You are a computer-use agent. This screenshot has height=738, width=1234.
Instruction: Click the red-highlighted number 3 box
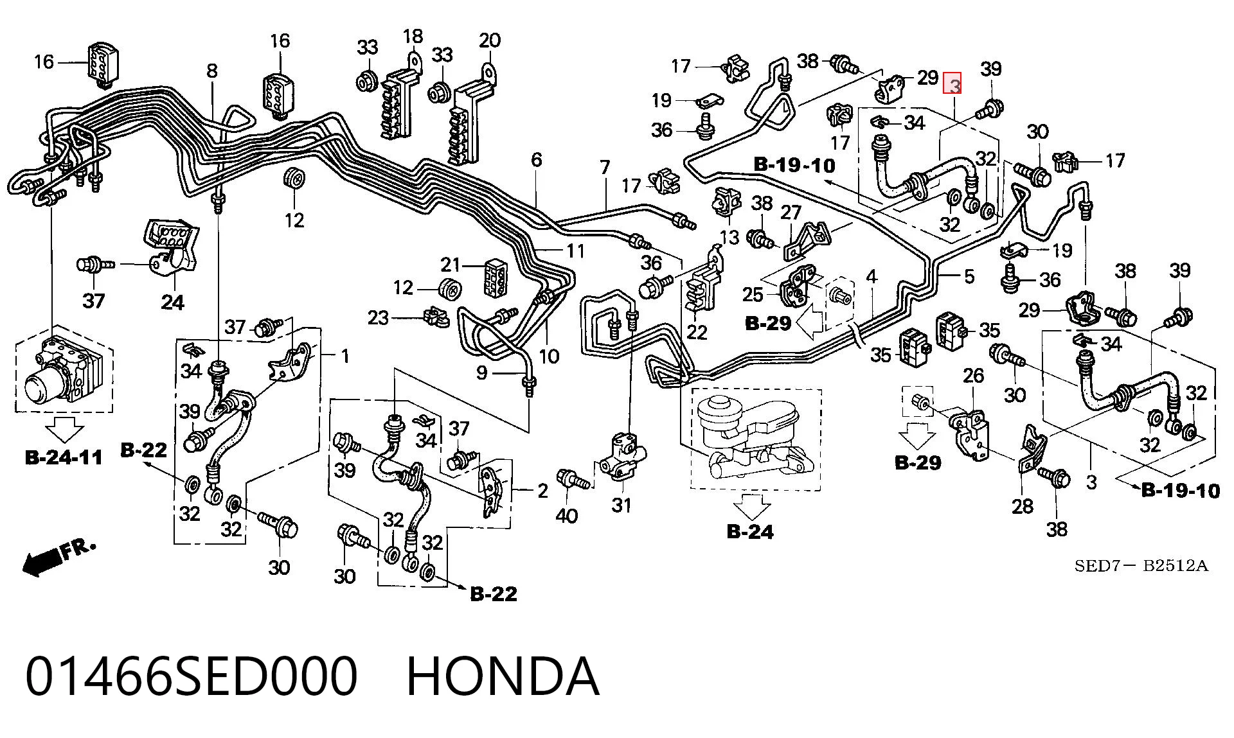(952, 84)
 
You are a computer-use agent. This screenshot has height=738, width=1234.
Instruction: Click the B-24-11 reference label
(64, 457)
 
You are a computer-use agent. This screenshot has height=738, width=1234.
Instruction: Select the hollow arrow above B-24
(751, 506)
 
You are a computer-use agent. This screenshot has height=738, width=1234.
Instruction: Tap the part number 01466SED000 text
(191, 676)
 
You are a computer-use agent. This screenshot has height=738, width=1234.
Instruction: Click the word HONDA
(503, 676)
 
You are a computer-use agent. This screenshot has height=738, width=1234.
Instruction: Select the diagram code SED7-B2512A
(1141, 566)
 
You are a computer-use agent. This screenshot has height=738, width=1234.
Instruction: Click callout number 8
(212, 71)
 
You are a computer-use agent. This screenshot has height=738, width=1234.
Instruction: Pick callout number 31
(621, 505)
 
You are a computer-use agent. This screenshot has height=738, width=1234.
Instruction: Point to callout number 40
(566, 515)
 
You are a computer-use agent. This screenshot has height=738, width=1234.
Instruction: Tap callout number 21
(452, 264)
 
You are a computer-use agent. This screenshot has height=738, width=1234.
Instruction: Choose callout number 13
(729, 238)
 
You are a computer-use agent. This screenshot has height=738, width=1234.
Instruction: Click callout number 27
(791, 212)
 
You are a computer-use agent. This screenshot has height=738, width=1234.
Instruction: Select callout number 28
(1023, 506)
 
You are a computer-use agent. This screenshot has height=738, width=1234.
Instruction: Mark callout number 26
(974, 375)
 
